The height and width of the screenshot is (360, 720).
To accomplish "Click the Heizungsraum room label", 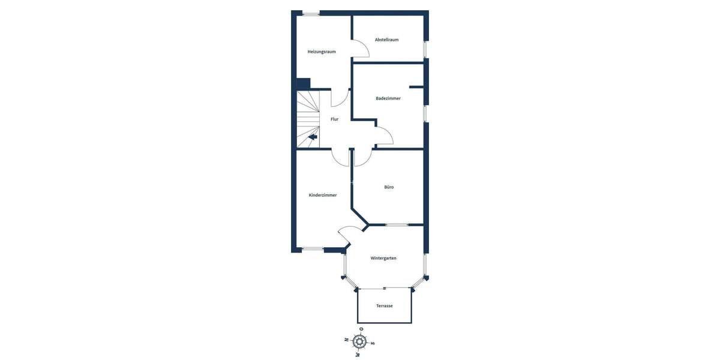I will [322, 52].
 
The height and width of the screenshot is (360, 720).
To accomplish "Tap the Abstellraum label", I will [386, 40].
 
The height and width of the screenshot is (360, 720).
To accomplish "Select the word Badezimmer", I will [388, 98].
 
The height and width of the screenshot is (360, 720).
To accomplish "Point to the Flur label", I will [334, 119].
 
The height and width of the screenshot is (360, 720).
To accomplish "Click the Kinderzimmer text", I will [323, 195].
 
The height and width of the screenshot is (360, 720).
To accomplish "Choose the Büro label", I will [389, 187].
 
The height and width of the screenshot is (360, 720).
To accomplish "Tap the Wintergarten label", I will [383, 258].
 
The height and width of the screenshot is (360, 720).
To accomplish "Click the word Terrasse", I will [385, 306].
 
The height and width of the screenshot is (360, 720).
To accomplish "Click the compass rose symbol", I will [359, 342].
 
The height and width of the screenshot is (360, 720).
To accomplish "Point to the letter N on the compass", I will [347, 340].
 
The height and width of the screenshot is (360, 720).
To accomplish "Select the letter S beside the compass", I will [373, 343].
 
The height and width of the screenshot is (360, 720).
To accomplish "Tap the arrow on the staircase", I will [313, 137].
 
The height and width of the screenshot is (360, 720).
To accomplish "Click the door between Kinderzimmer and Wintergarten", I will [344, 235].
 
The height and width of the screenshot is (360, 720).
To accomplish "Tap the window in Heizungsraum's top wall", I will [311, 13].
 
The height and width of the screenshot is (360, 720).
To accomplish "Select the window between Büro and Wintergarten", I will [397, 225].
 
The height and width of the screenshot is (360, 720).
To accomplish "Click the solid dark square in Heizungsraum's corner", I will [303, 84].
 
